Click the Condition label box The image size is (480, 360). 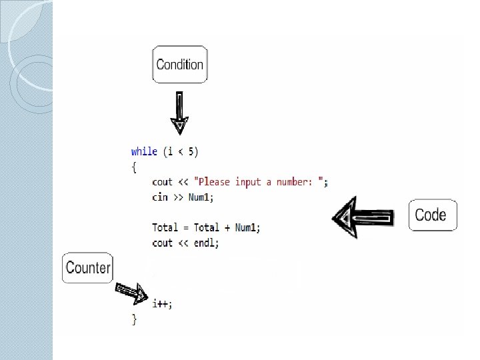pyautogui.click(x=179, y=65)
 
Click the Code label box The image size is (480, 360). pyautogui.click(x=433, y=215)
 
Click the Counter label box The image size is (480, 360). pyautogui.click(x=87, y=268)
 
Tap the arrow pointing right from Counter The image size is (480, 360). pyautogui.click(x=133, y=290)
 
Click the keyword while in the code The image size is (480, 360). pyautogui.click(x=144, y=151)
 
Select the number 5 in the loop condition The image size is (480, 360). pyautogui.click(x=192, y=151)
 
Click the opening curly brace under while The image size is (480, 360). pyautogui.click(x=134, y=167)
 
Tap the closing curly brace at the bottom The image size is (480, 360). pyautogui.click(x=134, y=319)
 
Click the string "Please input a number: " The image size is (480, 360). pyautogui.click(x=261, y=182)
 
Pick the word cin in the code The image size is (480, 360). pyautogui.click(x=160, y=197)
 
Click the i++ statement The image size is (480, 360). pyautogui.click(x=161, y=304)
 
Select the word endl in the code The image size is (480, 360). pyautogui.click(x=206, y=243)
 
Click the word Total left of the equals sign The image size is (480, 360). pyautogui.click(x=165, y=228)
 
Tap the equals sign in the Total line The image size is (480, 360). pyautogui.click(x=186, y=228)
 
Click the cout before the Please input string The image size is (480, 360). pyautogui.click(x=162, y=182)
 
